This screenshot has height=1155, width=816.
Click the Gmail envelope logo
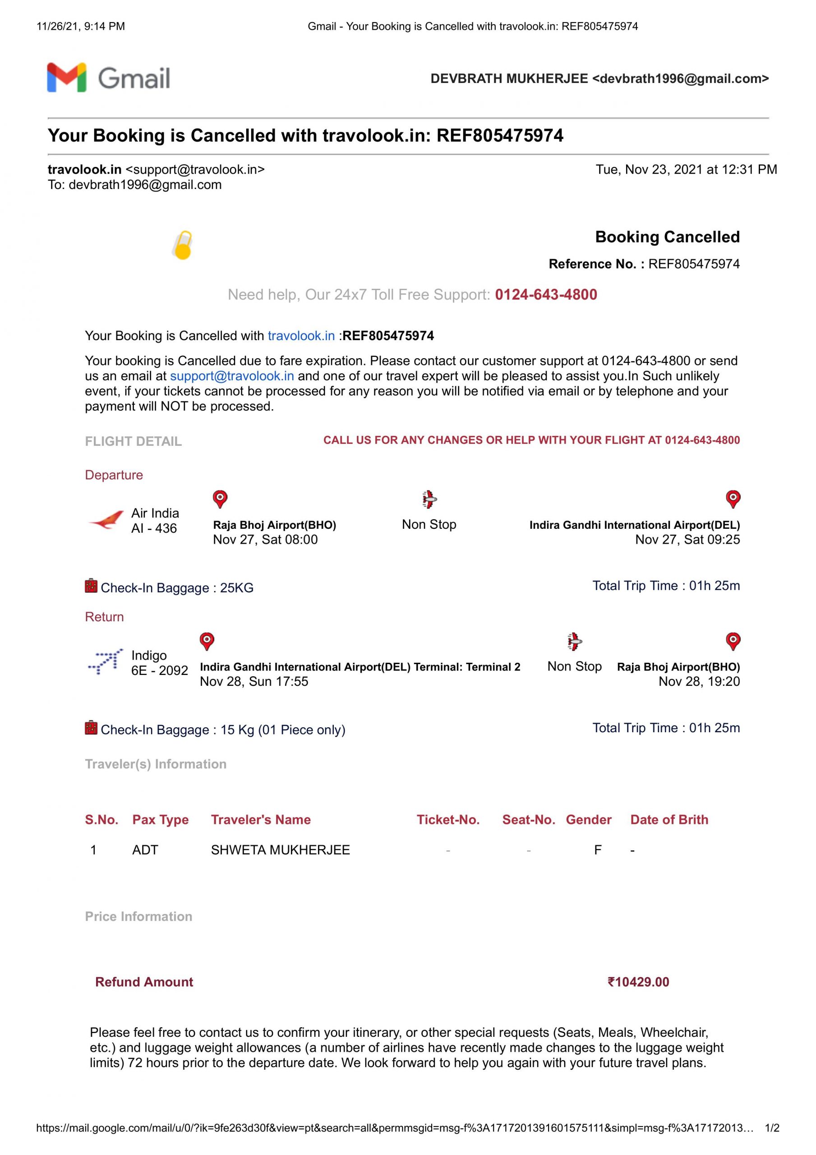(x=66, y=78)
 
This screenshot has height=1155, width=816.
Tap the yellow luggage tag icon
(x=183, y=245)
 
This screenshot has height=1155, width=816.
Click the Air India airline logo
(x=106, y=520)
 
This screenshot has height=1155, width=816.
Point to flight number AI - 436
(x=154, y=528)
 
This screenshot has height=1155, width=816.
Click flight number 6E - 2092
(x=160, y=670)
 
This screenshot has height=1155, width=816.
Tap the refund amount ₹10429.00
(x=638, y=981)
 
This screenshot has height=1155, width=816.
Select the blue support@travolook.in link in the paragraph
(x=232, y=376)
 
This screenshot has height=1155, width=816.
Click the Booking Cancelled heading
(x=667, y=237)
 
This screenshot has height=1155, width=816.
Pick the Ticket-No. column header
(x=448, y=819)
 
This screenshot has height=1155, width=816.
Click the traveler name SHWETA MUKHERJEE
(x=280, y=850)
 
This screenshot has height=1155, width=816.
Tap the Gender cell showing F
(x=598, y=850)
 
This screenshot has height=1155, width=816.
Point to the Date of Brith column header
(x=669, y=819)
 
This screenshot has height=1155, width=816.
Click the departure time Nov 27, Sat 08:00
(x=265, y=540)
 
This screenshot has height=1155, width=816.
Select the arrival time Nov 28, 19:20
(x=699, y=682)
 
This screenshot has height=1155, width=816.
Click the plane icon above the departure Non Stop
(x=429, y=499)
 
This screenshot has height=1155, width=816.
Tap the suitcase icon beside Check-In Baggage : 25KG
(x=91, y=586)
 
